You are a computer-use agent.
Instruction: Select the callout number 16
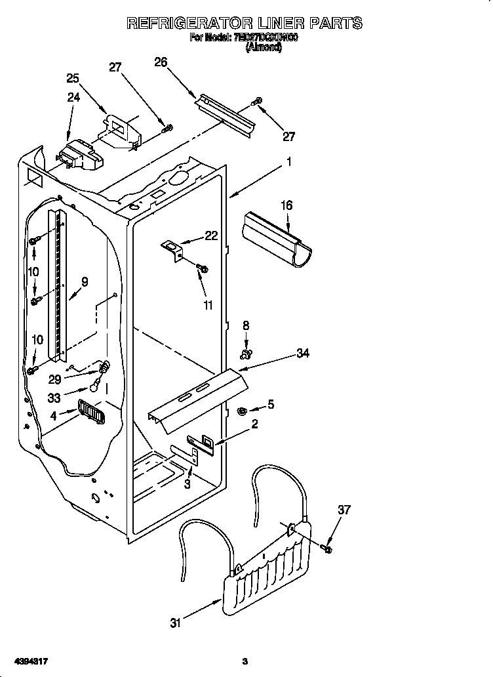coord(286,206)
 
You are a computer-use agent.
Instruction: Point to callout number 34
coord(302,354)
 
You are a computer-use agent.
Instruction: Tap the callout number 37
coord(344,510)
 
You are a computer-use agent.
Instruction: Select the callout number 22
coord(211,236)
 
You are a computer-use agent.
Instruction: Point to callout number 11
coord(208,305)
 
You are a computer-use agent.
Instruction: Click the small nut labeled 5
coord(241,411)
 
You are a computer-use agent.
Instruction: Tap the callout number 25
coord(73,78)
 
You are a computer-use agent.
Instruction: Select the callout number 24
coord(73,98)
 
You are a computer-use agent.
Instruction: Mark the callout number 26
coord(161,62)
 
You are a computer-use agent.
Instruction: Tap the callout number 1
coord(288,161)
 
